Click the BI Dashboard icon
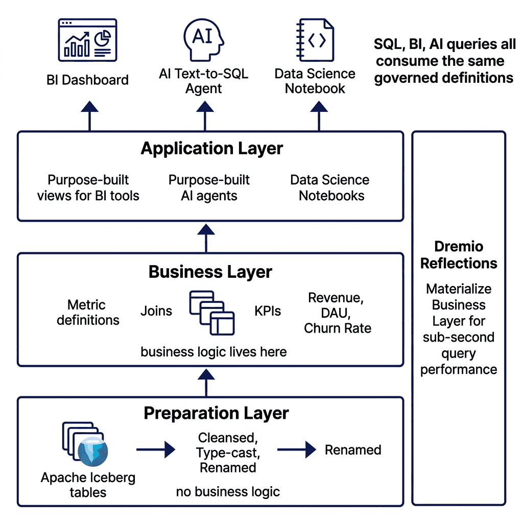[87, 40]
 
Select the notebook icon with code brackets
[315, 40]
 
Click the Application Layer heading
[212, 149]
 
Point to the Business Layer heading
[210, 272]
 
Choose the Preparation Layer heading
[216, 413]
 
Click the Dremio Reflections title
[459, 255]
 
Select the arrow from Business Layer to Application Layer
[206, 238]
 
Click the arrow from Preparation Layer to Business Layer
[206, 383]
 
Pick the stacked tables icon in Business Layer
[212, 313]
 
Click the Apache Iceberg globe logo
[93, 451]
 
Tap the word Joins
[156, 311]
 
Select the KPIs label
[268, 311]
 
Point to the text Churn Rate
[338, 328]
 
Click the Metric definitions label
[88, 313]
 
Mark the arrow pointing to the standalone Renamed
[297, 449]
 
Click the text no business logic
[228, 492]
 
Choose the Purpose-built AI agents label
[209, 188]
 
